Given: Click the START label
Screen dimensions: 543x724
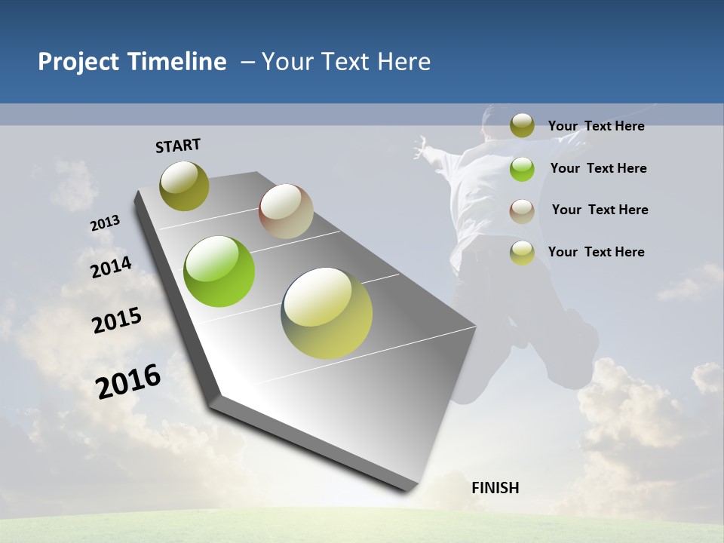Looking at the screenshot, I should pos(178,146).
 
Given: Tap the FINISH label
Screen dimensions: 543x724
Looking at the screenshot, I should pos(495,488).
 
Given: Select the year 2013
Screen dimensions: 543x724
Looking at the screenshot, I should pos(105,223).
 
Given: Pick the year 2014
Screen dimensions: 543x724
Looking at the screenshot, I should pos(111,268).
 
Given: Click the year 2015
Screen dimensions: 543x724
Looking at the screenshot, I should pos(117,321).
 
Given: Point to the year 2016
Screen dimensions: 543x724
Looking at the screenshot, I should pos(128,382).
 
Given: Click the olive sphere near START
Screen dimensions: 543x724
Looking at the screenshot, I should pos(184,186).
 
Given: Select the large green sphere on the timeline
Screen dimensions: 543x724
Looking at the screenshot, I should pos(219,271).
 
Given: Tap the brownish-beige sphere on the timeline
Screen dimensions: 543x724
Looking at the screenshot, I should pos(286,211).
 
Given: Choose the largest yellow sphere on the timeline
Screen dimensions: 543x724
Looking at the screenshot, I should pos(327,313).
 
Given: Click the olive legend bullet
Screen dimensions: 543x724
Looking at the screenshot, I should pos(522,126).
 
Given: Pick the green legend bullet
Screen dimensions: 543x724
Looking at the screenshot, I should pos(522,169).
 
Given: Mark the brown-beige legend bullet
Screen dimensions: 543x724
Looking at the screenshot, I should pos(522,210).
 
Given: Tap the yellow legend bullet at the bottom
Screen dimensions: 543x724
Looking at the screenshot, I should pos(522,253).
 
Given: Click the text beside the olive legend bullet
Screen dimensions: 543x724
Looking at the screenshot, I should pos(596,126).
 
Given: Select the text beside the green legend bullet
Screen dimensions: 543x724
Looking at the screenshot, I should pos(598,168).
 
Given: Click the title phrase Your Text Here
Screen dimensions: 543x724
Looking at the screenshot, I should pos(346,62).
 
